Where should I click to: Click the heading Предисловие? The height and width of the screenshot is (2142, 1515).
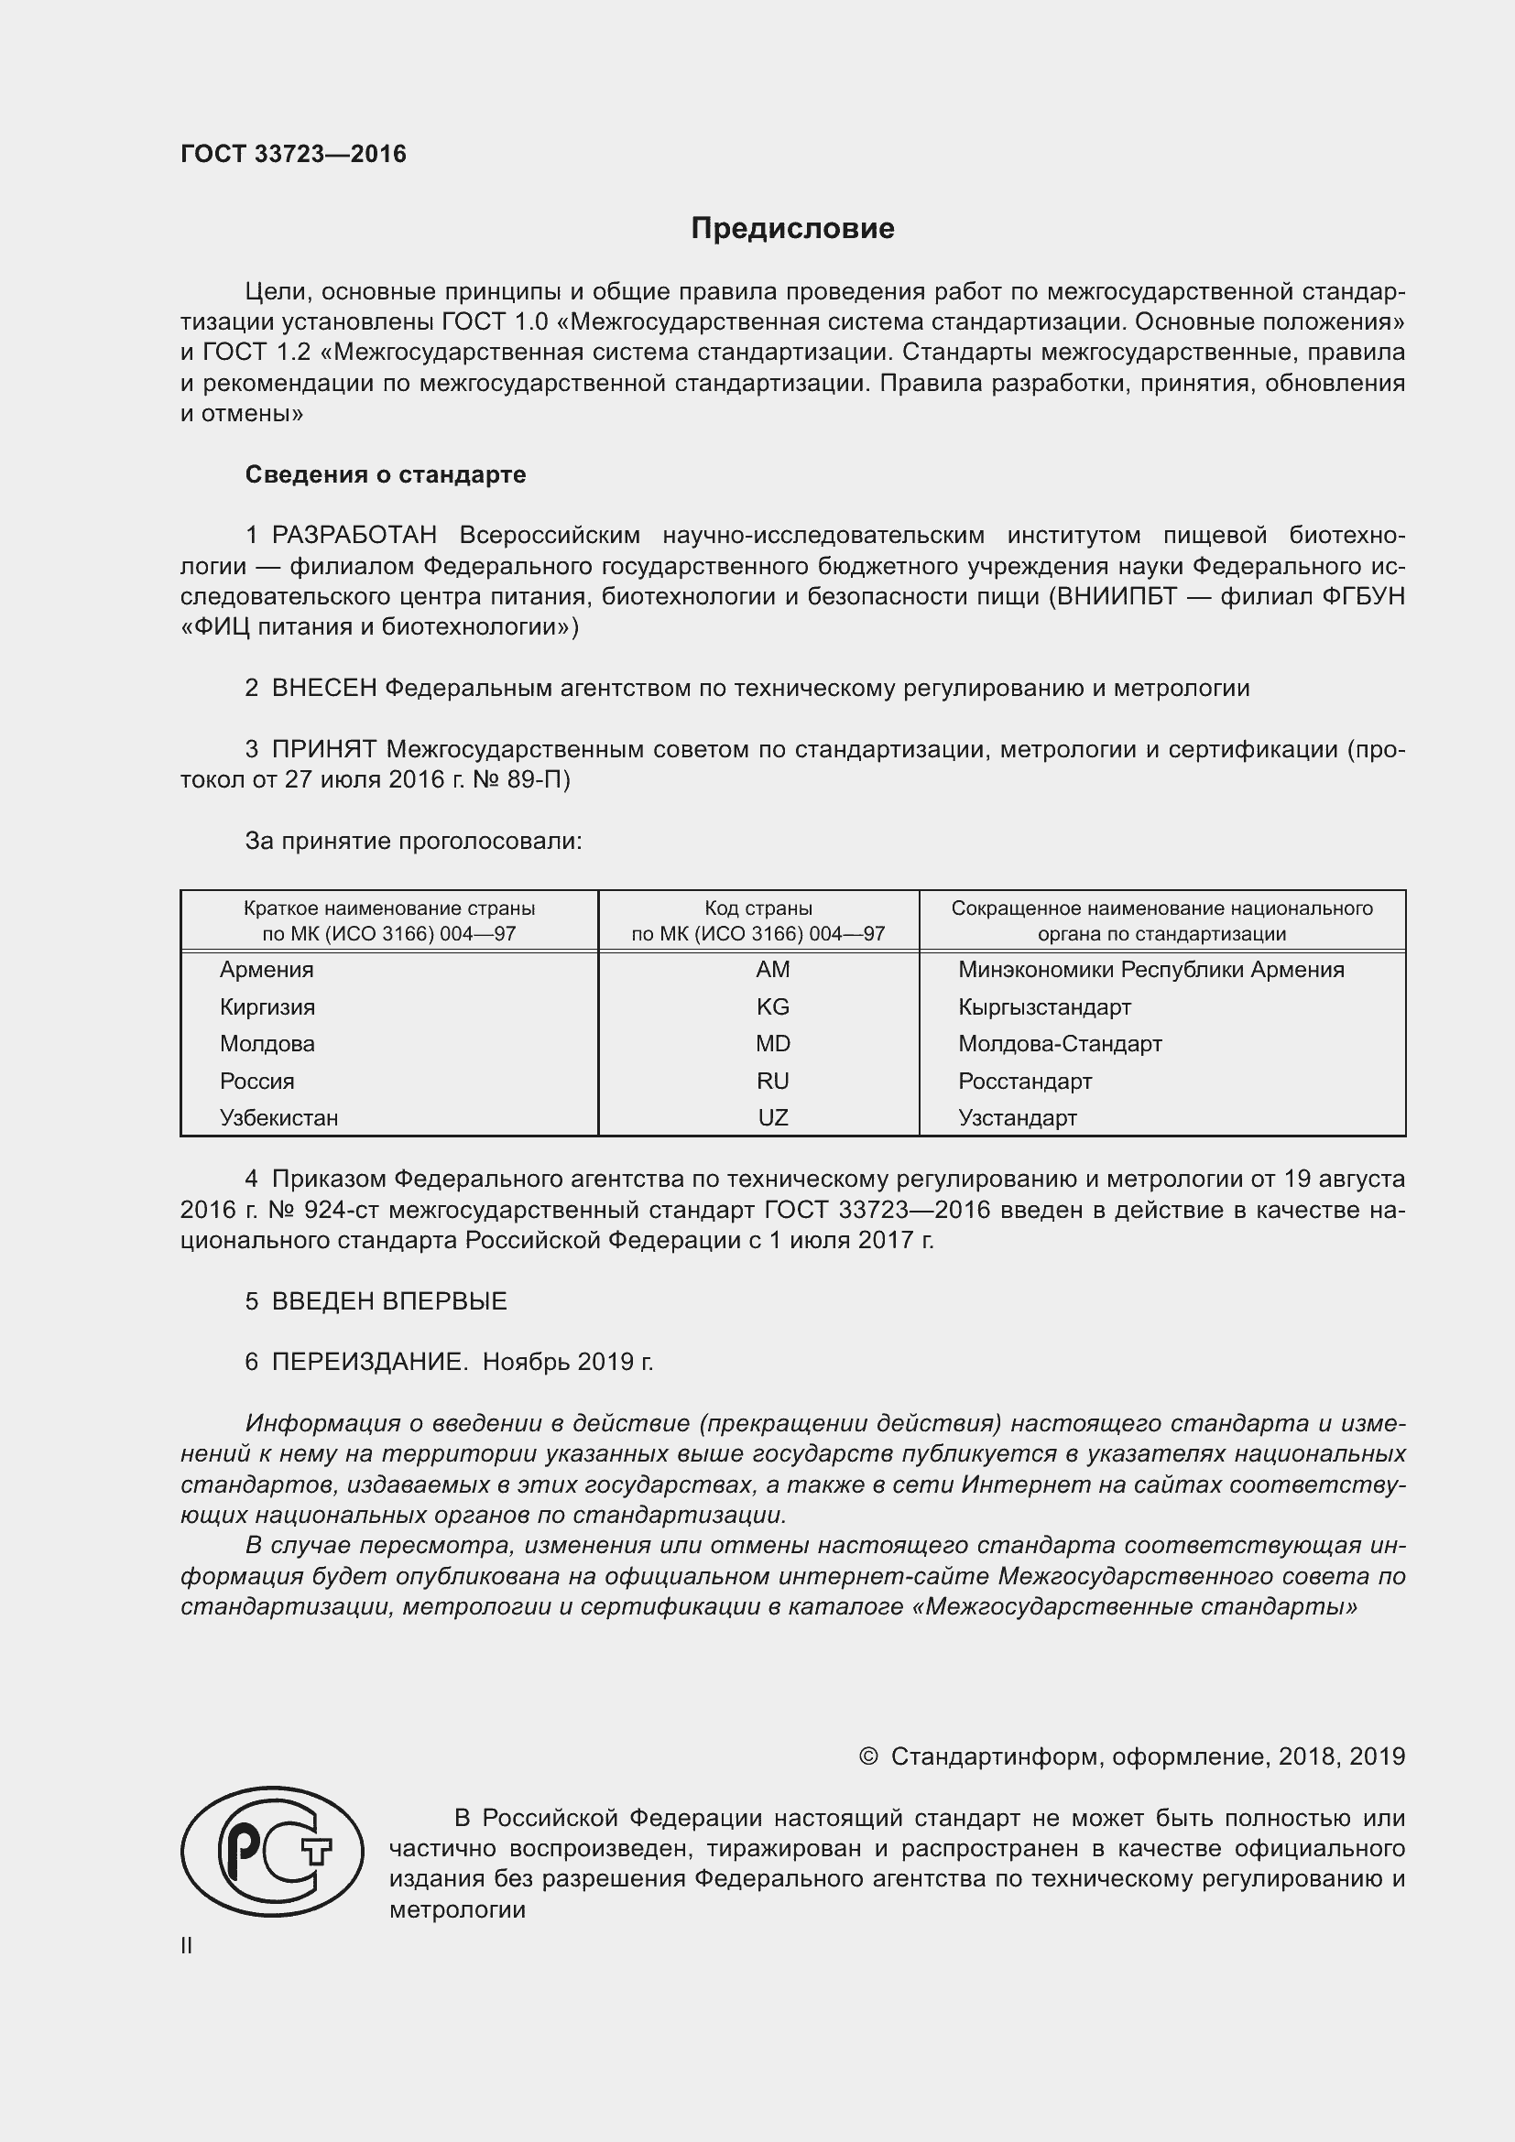pyautogui.click(x=792, y=229)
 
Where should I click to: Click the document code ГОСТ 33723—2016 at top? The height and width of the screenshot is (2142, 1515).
pyautogui.click(x=293, y=154)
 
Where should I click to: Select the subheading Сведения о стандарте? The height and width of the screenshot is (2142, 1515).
pyautogui.click(x=386, y=475)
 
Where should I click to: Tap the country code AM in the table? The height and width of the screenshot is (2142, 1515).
pyautogui.click(x=772, y=969)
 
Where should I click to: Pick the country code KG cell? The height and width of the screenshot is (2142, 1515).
pyautogui.click(x=772, y=1006)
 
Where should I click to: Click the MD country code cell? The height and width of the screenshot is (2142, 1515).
pyautogui.click(x=772, y=1043)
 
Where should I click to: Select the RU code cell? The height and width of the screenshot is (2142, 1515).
pyautogui.click(x=772, y=1081)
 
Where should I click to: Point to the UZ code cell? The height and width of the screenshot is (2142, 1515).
pyautogui.click(x=772, y=1117)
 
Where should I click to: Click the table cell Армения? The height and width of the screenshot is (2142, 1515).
pyautogui.click(x=267, y=969)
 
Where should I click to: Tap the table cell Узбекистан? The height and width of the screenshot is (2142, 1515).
pyautogui.click(x=279, y=1117)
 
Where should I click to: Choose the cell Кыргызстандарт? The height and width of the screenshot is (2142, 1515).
pyautogui.click(x=1044, y=1006)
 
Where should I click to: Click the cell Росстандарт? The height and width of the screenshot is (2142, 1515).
pyautogui.click(x=1024, y=1082)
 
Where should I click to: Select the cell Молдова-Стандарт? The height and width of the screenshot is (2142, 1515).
pyautogui.click(x=1060, y=1043)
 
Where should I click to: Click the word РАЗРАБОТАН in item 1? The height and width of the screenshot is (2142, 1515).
pyautogui.click(x=354, y=536)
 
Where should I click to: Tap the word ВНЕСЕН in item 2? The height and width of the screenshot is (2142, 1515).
pyautogui.click(x=323, y=689)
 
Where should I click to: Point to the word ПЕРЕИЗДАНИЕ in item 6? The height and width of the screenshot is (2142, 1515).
pyautogui.click(x=368, y=1362)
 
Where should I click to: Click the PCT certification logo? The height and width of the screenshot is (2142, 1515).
pyautogui.click(x=271, y=1851)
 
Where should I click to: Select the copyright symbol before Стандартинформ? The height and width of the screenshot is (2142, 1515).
pyautogui.click(x=867, y=1756)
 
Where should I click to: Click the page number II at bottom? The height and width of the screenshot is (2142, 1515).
pyautogui.click(x=187, y=1945)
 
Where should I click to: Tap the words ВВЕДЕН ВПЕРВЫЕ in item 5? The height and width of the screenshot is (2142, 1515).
pyautogui.click(x=389, y=1301)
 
